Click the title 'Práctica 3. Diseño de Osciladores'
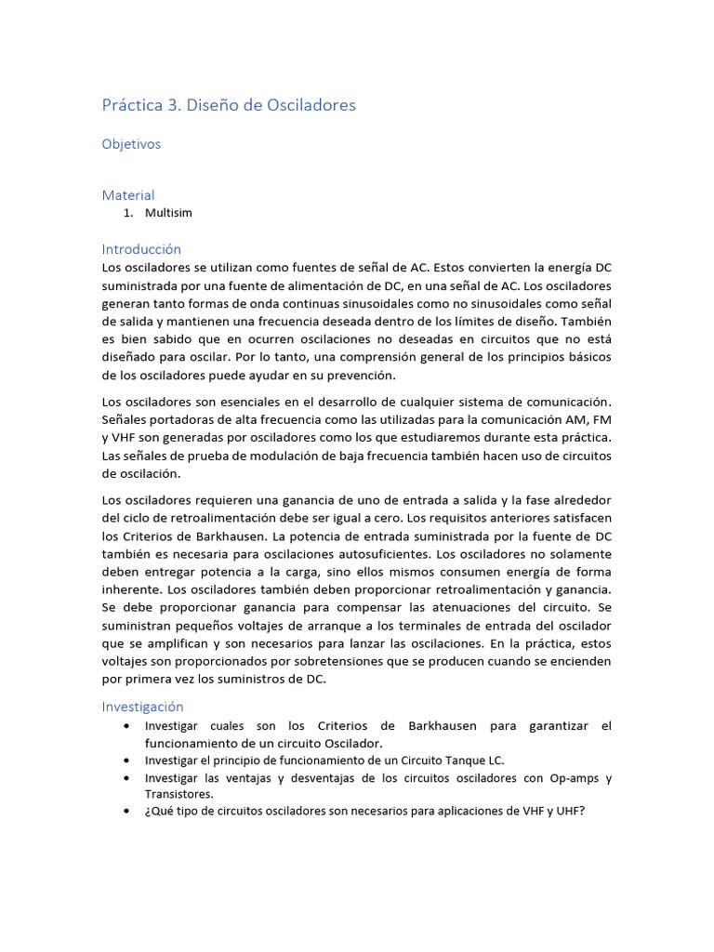coord(229,105)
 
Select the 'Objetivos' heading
coord(131,144)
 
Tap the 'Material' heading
coord(128,195)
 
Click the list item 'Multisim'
coord(168,213)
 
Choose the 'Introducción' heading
coord(141,249)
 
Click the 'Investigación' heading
coord(143,707)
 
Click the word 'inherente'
coord(132,589)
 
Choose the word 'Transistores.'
coord(179,794)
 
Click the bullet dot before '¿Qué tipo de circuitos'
coord(126,811)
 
